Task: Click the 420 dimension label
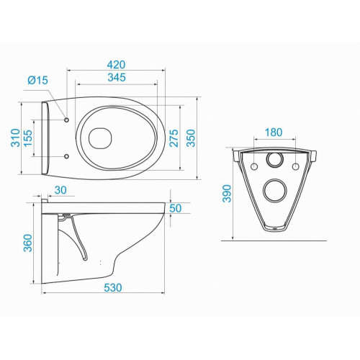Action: [x=116, y=65]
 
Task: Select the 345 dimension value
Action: [x=117, y=77]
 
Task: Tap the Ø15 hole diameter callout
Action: [x=38, y=80]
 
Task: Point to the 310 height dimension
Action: [x=16, y=138]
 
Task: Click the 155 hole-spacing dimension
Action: [x=28, y=138]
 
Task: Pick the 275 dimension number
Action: [x=174, y=138]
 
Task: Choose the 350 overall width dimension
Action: [x=192, y=138]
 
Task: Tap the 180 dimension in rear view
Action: [x=274, y=132]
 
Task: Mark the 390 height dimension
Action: [x=227, y=194]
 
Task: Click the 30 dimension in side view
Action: [x=60, y=190]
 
